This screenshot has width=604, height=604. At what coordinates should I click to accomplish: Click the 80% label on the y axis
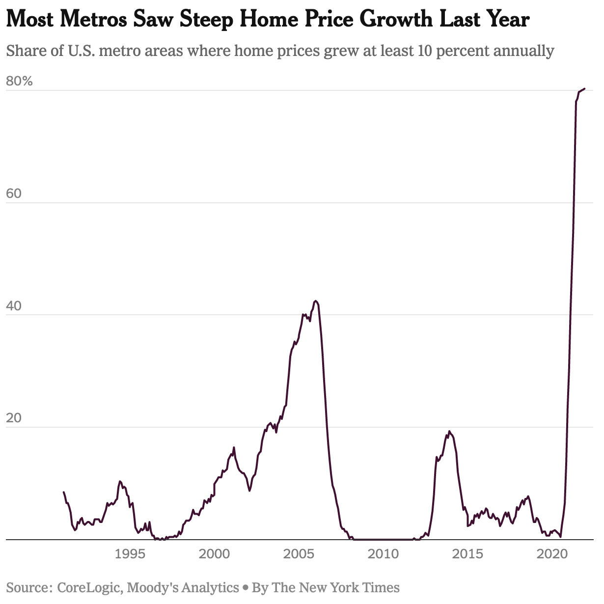(x=19, y=81)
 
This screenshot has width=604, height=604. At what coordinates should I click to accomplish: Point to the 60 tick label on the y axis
(x=14, y=193)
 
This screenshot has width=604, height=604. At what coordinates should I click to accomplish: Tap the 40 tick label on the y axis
(x=14, y=305)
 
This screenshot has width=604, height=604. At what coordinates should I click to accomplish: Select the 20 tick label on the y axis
(x=14, y=418)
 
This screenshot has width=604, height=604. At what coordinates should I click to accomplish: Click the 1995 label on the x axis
(x=130, y=554)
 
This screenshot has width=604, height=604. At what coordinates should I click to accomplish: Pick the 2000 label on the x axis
(x=214, y=554)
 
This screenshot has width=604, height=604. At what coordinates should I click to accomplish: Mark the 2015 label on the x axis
(x=467, y=554)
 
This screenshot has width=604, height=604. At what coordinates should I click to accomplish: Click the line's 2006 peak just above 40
(x=316, y=301)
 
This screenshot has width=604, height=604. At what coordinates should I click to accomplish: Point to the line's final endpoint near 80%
(x=584, y=89)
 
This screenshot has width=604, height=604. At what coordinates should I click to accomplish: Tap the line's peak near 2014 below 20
(x=449, y=432)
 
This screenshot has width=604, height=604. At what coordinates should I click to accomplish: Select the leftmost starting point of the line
(x=64, y=492)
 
